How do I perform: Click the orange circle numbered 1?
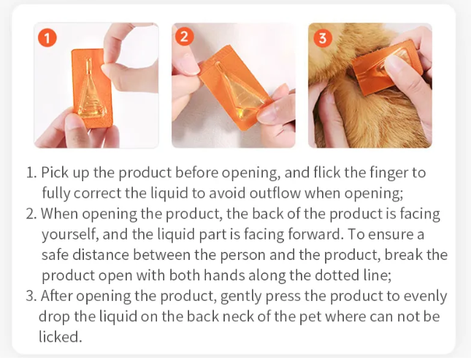pyautogui.click(x=47, y=38)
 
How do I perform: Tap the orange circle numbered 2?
pyautogui.click(x=184, y=37)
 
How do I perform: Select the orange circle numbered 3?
pyautogui.click(x=323, y=38)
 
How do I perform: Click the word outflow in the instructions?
pyautogui.click(x=275, y=193)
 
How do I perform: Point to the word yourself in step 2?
pyautogui.click(x=69, y=234)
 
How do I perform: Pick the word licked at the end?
pyautogui.click(x=60, y=337)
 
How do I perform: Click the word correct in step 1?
pyautogui.click(x=97, y=193)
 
